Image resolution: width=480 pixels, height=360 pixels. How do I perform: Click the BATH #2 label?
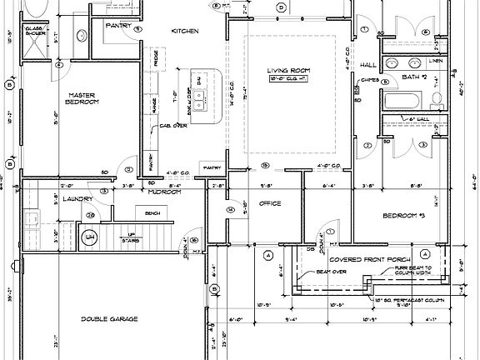414,77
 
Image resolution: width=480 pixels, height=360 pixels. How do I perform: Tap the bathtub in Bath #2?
404,101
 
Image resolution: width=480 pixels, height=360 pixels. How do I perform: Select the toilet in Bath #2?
438,99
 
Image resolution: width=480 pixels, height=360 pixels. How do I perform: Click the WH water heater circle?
89,239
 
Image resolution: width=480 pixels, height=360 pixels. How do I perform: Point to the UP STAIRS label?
130,236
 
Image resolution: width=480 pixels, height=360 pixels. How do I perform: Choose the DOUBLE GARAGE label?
109,319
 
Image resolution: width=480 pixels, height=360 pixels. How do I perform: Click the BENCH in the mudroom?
152,213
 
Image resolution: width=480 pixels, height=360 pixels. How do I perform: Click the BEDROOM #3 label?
404,216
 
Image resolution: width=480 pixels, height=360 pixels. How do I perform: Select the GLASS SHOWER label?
34,32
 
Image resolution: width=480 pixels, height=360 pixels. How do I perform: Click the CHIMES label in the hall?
371,80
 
